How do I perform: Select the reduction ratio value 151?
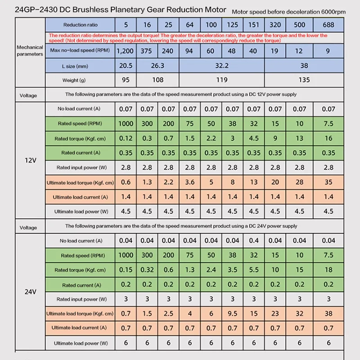pos(253,24)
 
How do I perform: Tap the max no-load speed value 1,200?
pos(125,51)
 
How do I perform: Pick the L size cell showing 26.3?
pos(157,66)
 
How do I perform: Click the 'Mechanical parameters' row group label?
pos(30,50)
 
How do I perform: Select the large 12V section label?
pos(30,160)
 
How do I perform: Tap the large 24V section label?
pos(30,291)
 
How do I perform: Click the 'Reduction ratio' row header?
pos(80,25)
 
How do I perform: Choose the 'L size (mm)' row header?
pos(80,66)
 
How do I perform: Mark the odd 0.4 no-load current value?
pos(253,241)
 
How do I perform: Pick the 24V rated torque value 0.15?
pos(126,270)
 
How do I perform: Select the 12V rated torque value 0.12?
pos(126,138)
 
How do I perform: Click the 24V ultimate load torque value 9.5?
pos(233,313)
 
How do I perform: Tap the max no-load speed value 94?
pos(189,51)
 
